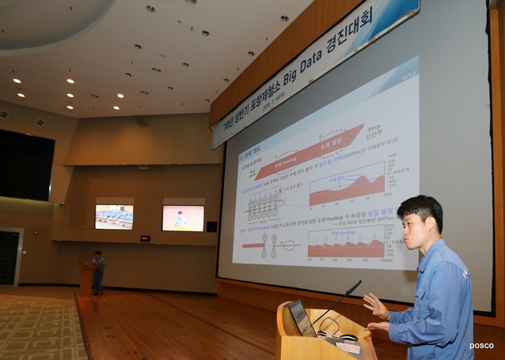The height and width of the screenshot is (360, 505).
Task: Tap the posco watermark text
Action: point(481,346)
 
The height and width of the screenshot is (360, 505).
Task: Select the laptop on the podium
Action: point(301,317)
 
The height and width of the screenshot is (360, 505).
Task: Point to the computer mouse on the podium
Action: point(347,337)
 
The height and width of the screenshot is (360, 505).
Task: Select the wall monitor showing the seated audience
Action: point(114,216)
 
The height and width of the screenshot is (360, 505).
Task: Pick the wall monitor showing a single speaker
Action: point(182,218)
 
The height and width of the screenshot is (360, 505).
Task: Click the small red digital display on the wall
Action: point(144,238)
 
